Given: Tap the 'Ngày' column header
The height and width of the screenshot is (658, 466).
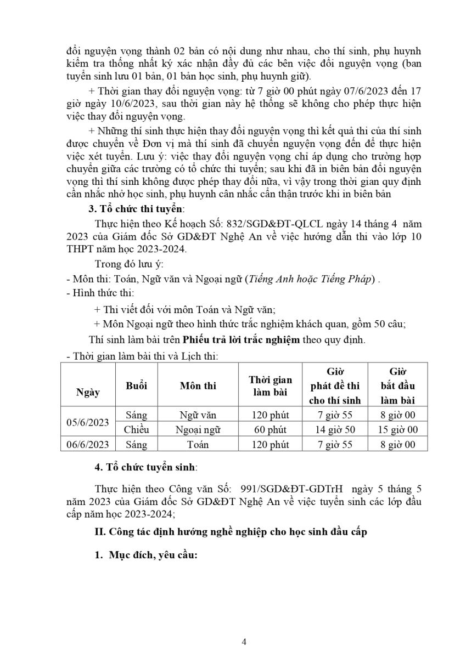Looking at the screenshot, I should (x=88, y=392).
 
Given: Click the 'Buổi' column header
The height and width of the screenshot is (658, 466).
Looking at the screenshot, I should (x=136, y=386).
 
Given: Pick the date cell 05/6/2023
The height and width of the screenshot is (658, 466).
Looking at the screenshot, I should (x=88, y=423).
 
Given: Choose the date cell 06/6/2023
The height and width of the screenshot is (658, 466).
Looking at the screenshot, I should (x=88, y=445).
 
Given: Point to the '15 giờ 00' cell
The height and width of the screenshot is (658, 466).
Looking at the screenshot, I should (x=398, y=430).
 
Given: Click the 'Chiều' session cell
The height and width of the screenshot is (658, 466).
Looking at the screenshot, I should (x=136, y=430).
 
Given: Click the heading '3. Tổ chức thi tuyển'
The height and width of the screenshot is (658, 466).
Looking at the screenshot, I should (x=137, y=209).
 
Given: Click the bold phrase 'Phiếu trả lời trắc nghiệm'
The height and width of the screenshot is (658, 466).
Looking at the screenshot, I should (x=242, y=339).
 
